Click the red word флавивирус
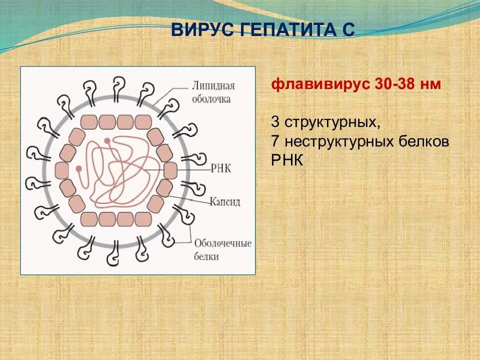[320, 84]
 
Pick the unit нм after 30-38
[430, 84]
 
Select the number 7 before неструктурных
[275, 142]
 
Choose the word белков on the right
[424, 142]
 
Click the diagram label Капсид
[224, 201]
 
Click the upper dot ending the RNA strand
[107, 141]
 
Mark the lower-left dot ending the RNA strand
[78, 169]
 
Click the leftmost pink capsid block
[62, 170]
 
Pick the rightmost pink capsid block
[170, 170]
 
